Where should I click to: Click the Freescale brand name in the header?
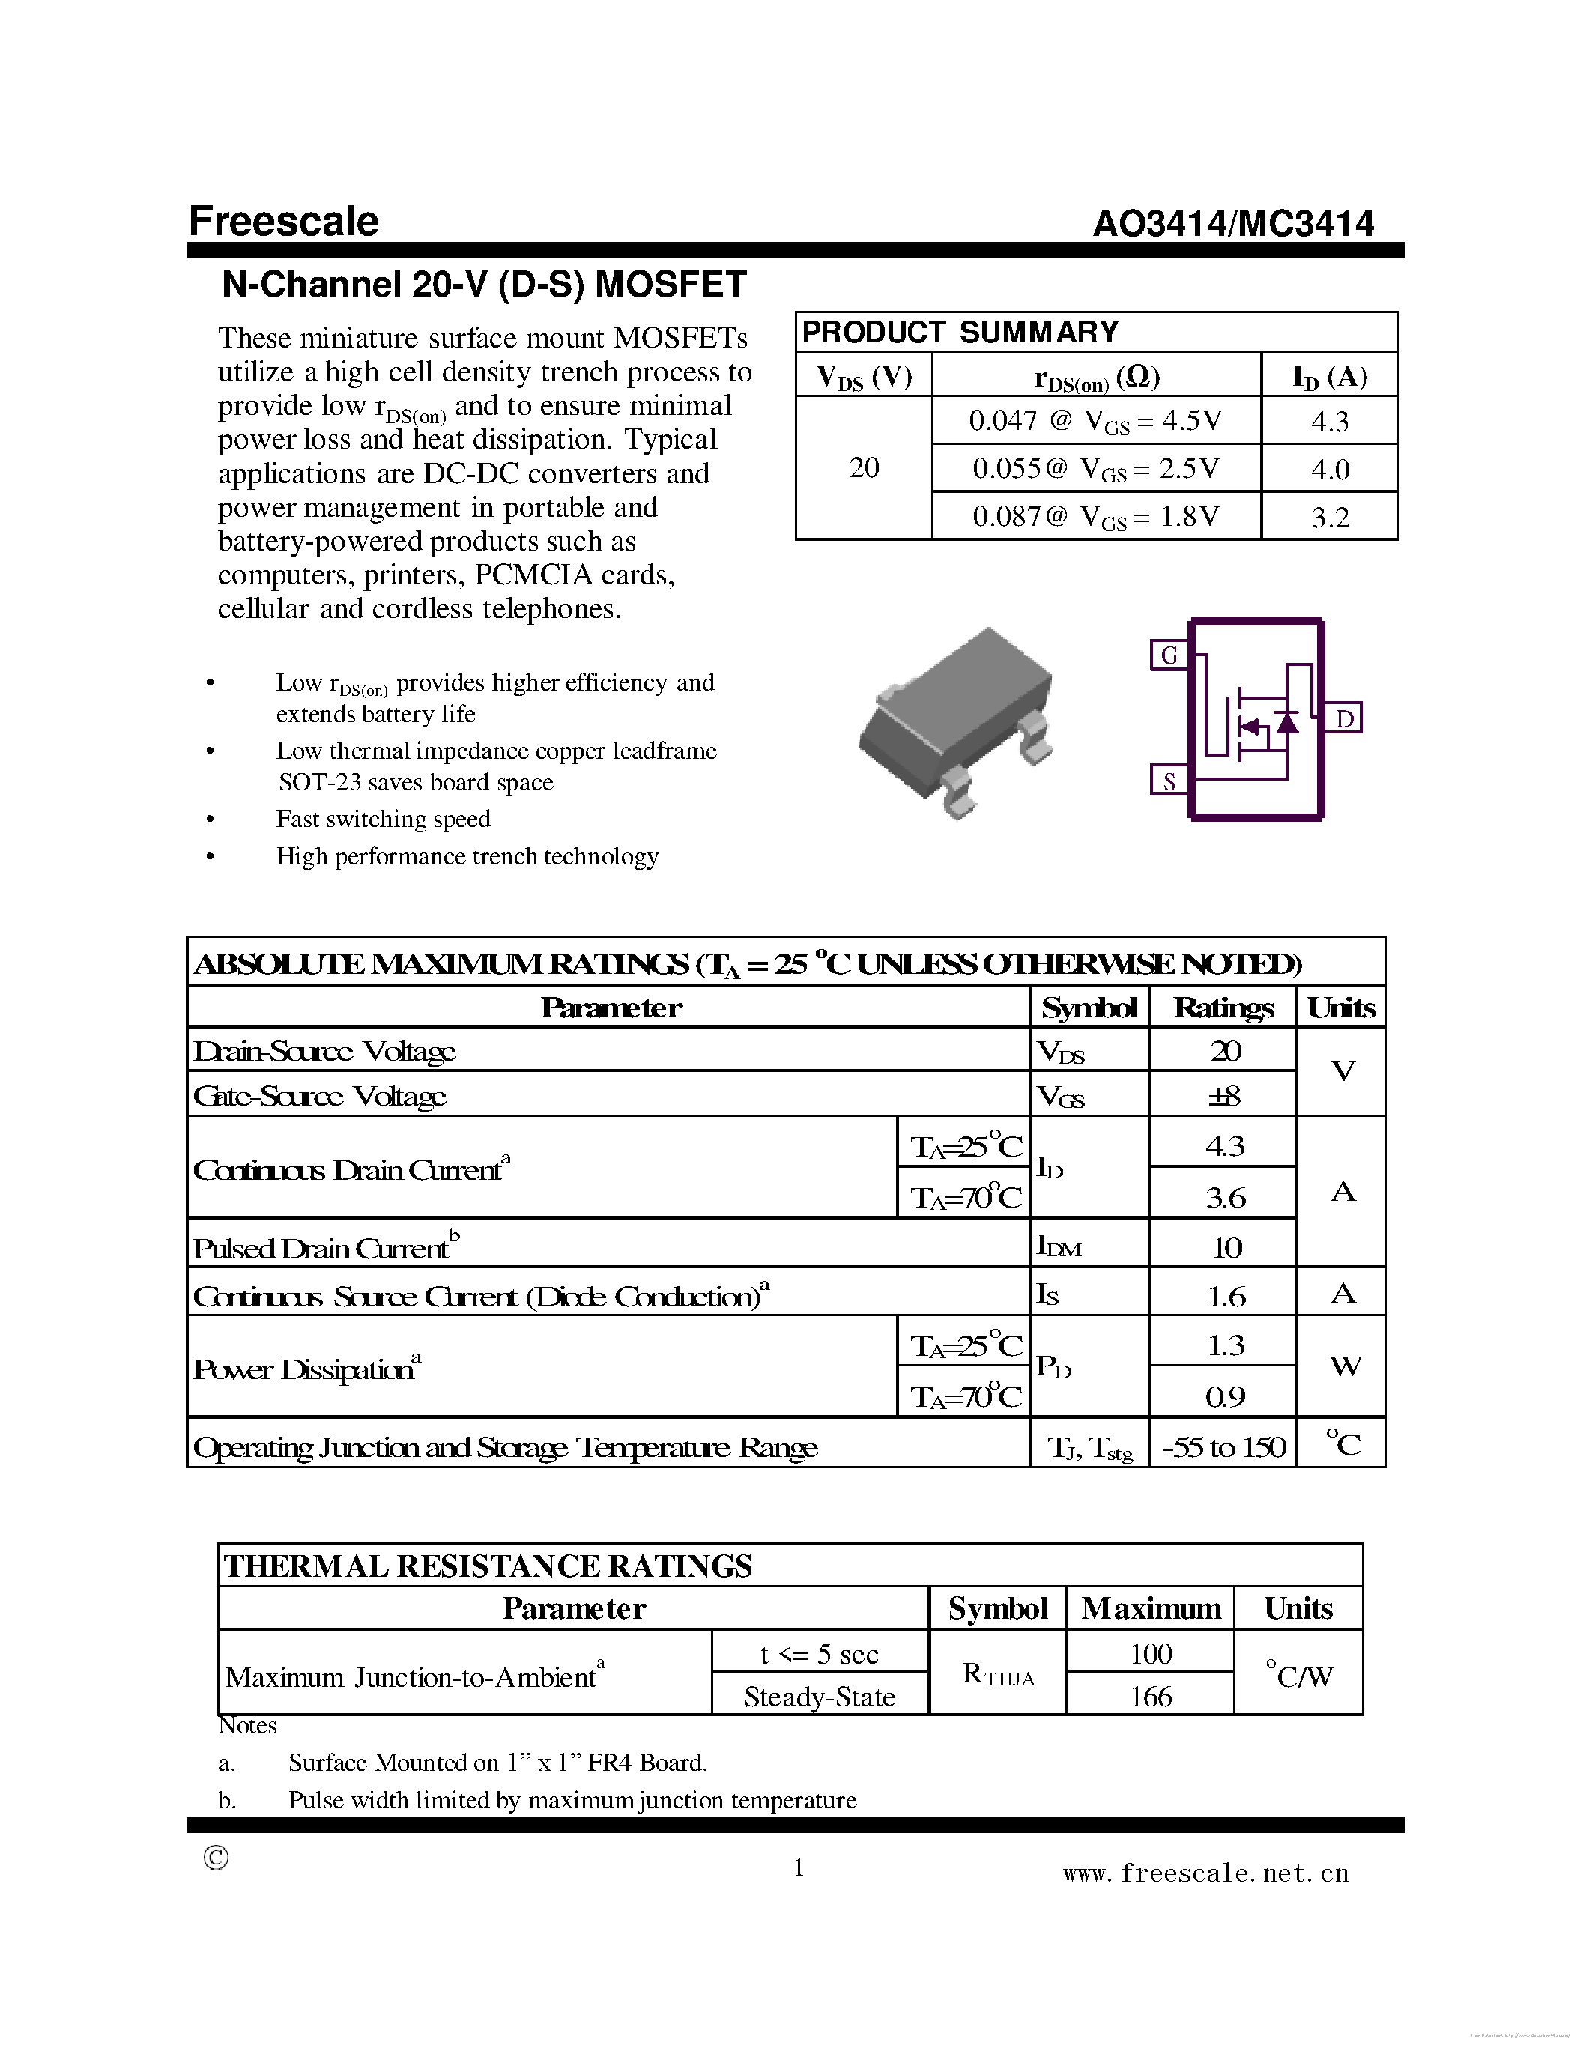pos(283,222)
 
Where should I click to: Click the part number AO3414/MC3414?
pos(1232,223)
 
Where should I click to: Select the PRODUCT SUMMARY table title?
pos(959,332)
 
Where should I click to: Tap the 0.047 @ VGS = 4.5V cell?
pos(1095,421)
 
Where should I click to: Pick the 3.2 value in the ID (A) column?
pos(1329,517)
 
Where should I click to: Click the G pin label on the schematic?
pos(1169,655)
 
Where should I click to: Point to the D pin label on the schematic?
pos(1344,718)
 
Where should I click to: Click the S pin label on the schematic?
pos(1169,781)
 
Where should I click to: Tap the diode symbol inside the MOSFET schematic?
pos(1286,723)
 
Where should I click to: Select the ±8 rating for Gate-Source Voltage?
pos(1224,1096)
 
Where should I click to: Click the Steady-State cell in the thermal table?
pos(819,1697)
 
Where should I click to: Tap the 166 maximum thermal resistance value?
pos(1150,1697)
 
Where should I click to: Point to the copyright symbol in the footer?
pos(216,1857)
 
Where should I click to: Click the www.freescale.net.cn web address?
pos(1205,1873)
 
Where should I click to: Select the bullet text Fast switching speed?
pos(383,819)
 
